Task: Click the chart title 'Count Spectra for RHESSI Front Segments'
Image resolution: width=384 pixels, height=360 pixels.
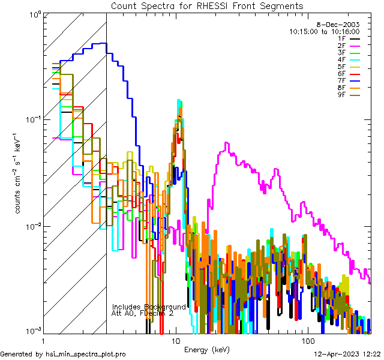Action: click(x=207, y=5)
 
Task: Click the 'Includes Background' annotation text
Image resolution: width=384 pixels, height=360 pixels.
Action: click(x=149, y=307)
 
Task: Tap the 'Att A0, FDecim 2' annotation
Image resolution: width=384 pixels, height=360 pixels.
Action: click(x=143, y=313)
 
